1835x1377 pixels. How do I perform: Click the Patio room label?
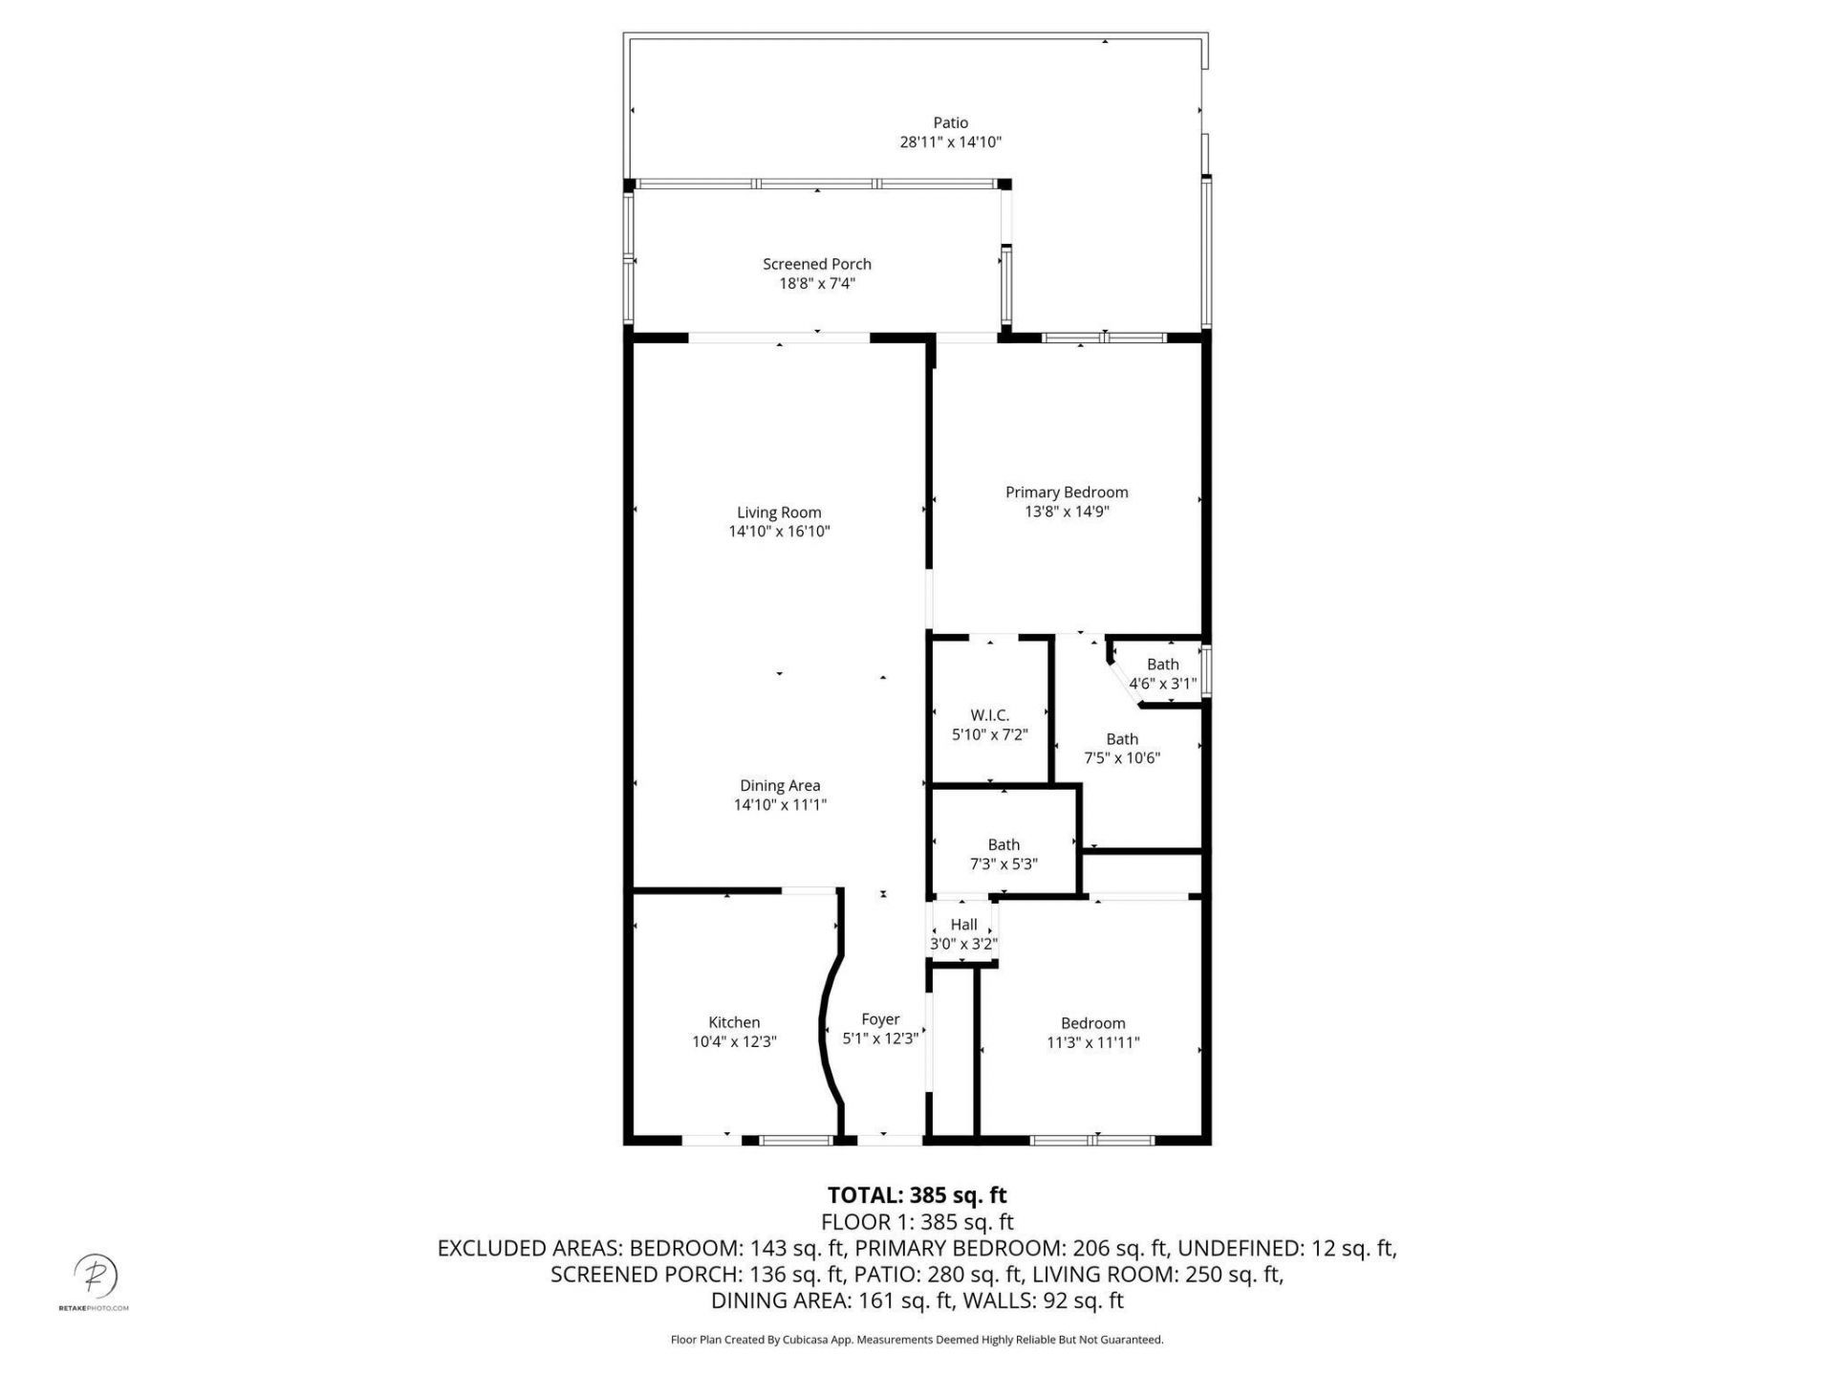click(x=950, y=122)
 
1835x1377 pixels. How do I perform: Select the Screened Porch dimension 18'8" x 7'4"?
click(x=816, y=283)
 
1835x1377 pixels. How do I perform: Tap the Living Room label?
click(x=779, y=513)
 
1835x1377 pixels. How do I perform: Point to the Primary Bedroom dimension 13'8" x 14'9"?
click(x=1067, y=512)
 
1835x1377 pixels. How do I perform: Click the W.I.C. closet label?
click(x=989, y=715)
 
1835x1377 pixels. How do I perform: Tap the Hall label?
click(x=963, y=925)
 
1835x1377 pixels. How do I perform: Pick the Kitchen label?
click(x=734, y=1022)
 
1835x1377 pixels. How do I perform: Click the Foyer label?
click(x=880, y=1019)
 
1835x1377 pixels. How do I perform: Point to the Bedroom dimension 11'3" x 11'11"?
click(x=1093, y=1042)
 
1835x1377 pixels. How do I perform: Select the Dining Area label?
click(x=780, y=785)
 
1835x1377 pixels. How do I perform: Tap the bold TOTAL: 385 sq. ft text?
click(x=917, y=1195)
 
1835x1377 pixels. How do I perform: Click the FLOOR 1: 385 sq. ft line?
click(x=917, y=1222)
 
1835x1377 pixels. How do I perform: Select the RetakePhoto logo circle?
click(x=96, y=1276)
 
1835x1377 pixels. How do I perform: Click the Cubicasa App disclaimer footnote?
click(x=917, y=1340)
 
